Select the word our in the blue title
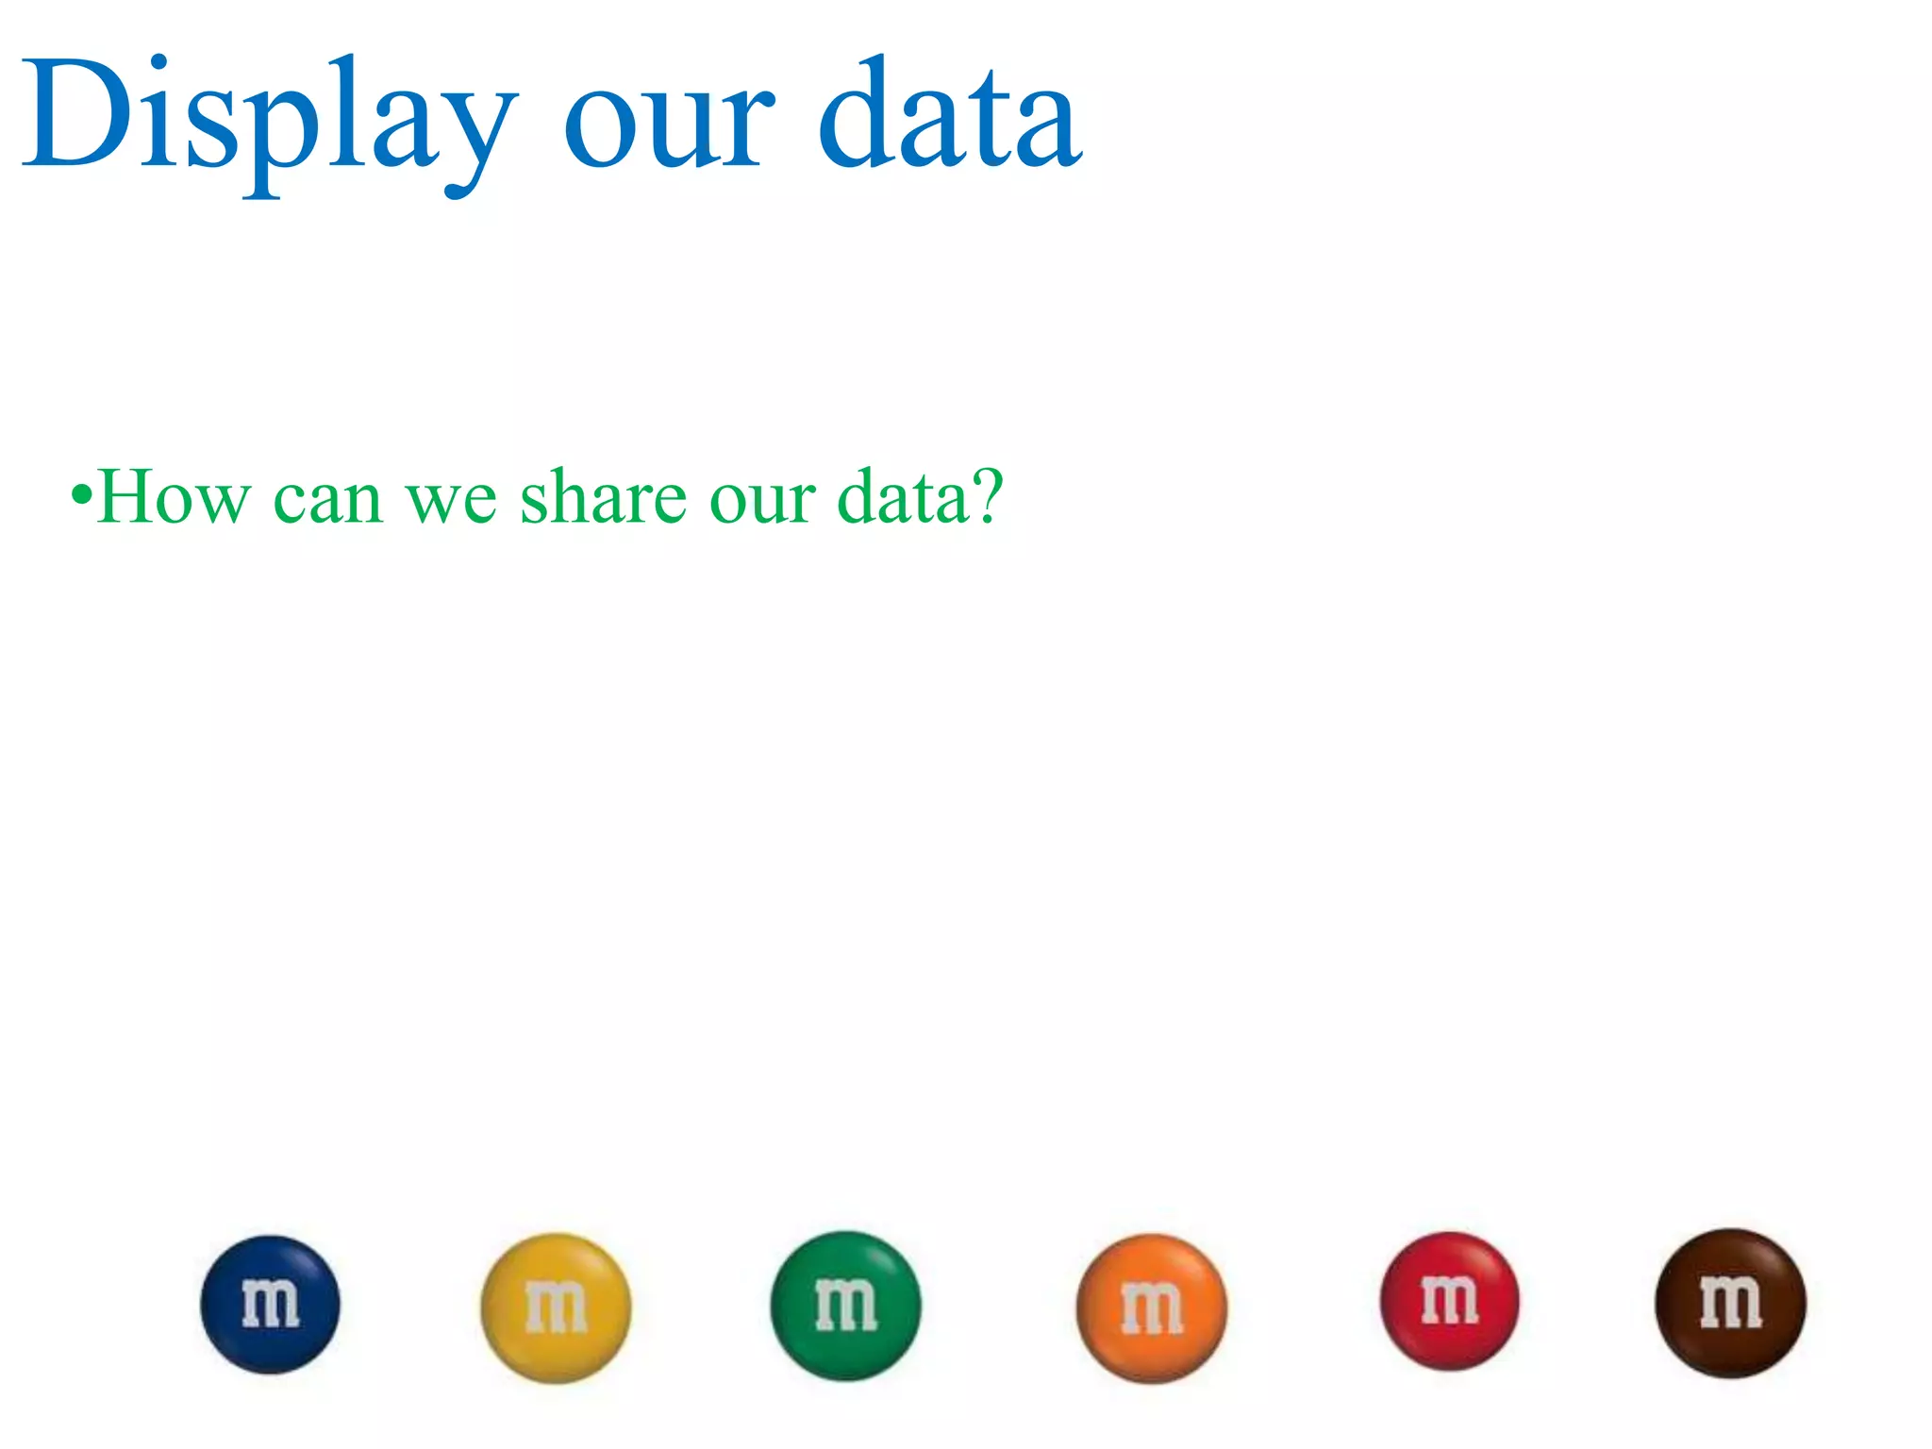click(x=669, y=127)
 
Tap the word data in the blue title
click(x=950, y=118)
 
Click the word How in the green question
click(x=175, y=497)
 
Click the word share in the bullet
click(x=604, y=497)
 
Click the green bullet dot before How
click(x=82, y=495)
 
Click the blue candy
click(x=271, y=1305)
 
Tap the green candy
click(x=845, y=1307)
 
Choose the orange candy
click(x=1152, y=1308)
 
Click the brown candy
click(x=1730, y=1304)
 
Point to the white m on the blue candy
click(x=271, y=1305)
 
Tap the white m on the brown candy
click(x=1730, y=1303)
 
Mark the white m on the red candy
click(x=1450, y=1300)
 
